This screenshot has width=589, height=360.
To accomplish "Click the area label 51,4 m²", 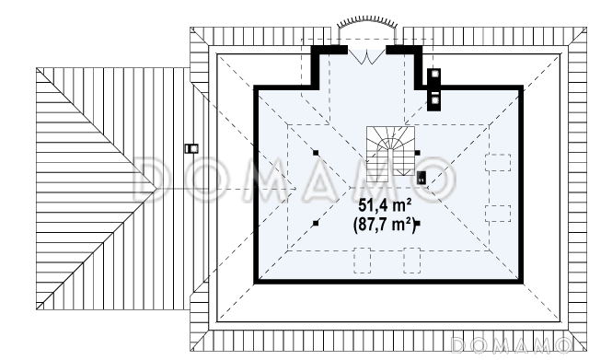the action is pos(385,205).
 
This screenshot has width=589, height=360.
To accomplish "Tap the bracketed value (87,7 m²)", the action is pos(384,225).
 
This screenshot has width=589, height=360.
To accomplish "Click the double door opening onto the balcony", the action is pos(366,56).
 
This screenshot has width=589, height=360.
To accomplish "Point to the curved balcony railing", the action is pos(366,20).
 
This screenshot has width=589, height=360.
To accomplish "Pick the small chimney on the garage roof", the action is pos(191,148).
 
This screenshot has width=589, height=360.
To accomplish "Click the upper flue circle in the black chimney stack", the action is pos(435,74).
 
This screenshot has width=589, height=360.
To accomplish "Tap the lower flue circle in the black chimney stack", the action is pos(435,100).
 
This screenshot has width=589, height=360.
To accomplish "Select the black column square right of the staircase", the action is pos(417,153).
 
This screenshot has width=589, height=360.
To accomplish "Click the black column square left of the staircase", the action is pos(316,153).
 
